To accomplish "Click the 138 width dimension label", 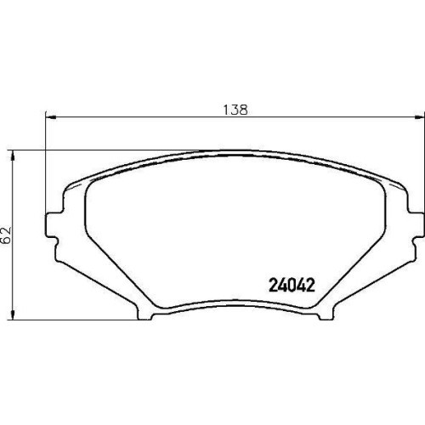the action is [x=235, y=110].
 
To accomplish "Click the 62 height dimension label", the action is [x=6, y=235].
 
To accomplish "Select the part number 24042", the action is [x=292, y=285].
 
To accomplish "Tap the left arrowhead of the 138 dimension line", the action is [x=51, y=116].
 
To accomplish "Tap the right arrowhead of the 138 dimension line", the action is [x=419, y=116].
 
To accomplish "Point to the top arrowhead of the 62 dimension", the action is [x=12, y=156].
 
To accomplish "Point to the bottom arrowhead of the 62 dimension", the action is [x=12, y=314].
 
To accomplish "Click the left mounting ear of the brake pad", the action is [x=52, y=225].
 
